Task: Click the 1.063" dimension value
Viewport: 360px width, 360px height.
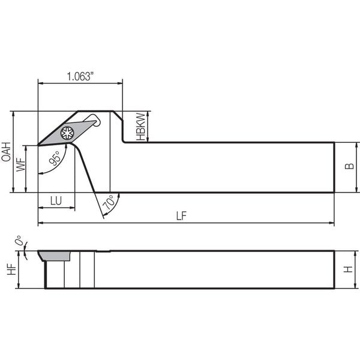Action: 80,76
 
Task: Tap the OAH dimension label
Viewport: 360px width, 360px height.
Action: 6,152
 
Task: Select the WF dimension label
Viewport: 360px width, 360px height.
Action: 20,164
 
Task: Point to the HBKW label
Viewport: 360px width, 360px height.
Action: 141,127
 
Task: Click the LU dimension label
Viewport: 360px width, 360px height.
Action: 56,200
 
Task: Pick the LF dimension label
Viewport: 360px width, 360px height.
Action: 181,216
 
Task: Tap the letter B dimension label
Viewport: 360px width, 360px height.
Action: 349,166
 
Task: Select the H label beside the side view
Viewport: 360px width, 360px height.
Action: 348,269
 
